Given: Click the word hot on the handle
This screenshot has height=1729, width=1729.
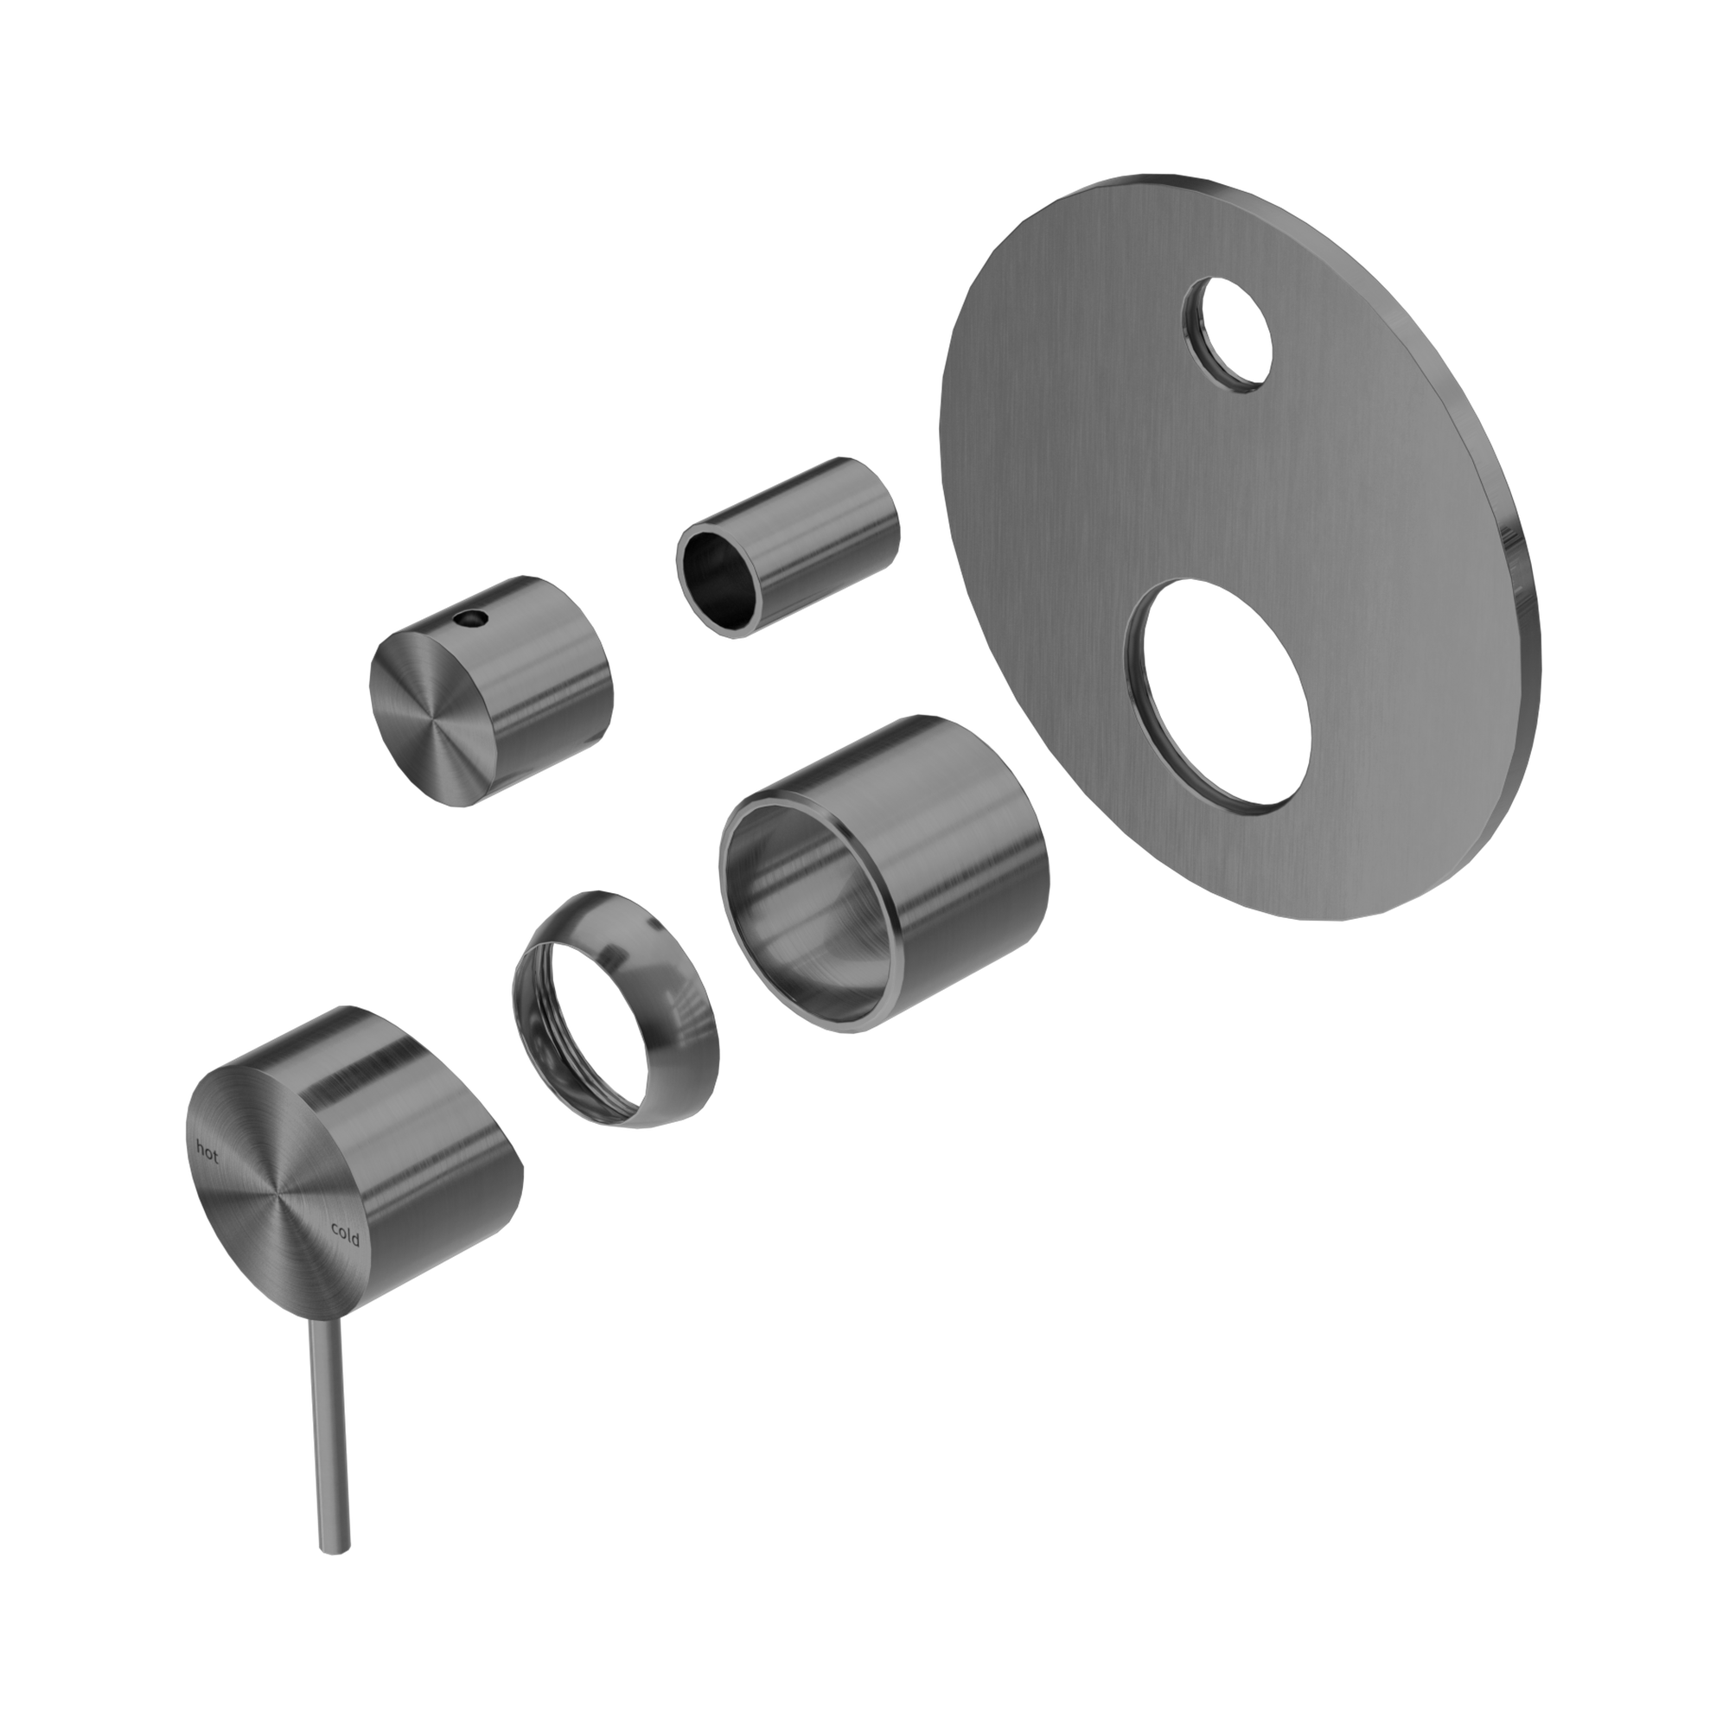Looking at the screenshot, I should tap(207, 1155).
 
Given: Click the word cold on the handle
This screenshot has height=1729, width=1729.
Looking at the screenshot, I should tap(345, 1235).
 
